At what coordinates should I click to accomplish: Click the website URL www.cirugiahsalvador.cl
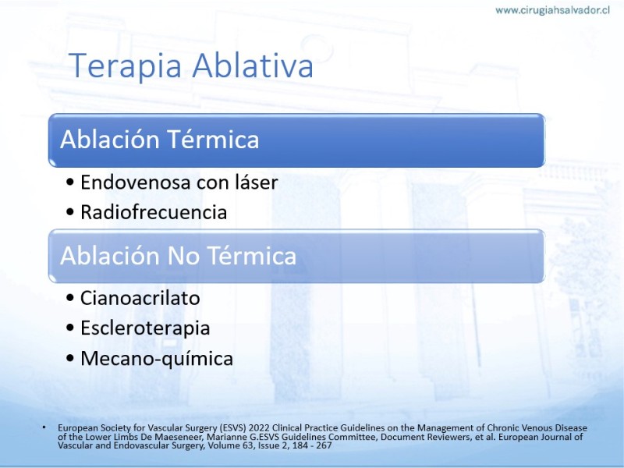552,10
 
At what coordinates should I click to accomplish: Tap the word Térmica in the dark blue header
213,140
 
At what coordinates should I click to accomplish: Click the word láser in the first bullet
257,183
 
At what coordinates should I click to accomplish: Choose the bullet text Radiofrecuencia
154,211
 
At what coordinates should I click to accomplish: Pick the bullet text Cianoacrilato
140,298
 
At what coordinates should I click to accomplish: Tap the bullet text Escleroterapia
145,328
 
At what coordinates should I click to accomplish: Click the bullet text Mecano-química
157,358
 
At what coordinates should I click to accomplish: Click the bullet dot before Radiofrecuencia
70,212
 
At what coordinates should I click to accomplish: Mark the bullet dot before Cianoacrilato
70,299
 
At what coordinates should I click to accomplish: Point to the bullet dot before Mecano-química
70,358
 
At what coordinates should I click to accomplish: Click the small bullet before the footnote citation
44,427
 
